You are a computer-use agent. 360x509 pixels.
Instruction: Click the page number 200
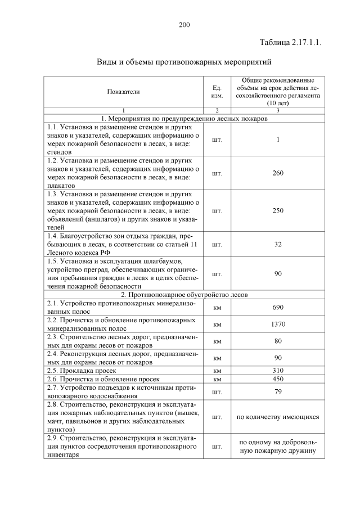[184, 24]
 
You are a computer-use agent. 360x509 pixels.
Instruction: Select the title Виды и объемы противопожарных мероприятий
[184, 61]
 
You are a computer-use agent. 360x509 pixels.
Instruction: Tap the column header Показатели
[123, 91]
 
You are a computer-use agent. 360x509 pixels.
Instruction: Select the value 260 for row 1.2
[277, 173]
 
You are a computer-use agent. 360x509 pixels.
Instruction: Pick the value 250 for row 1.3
[277, 210]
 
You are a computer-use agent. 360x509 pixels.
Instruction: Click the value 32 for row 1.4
[277, 245]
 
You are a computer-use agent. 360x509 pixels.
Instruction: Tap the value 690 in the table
[277, 307]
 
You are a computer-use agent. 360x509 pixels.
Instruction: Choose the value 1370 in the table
[277, 324]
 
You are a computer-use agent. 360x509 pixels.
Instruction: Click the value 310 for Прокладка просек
[277, 371]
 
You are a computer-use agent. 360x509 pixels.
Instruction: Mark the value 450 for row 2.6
[277, 380]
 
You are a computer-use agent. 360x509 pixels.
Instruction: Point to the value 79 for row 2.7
[277, 392]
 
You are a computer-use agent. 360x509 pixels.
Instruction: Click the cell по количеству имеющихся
[277, 417]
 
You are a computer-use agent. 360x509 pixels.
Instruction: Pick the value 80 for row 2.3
[277, 341]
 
